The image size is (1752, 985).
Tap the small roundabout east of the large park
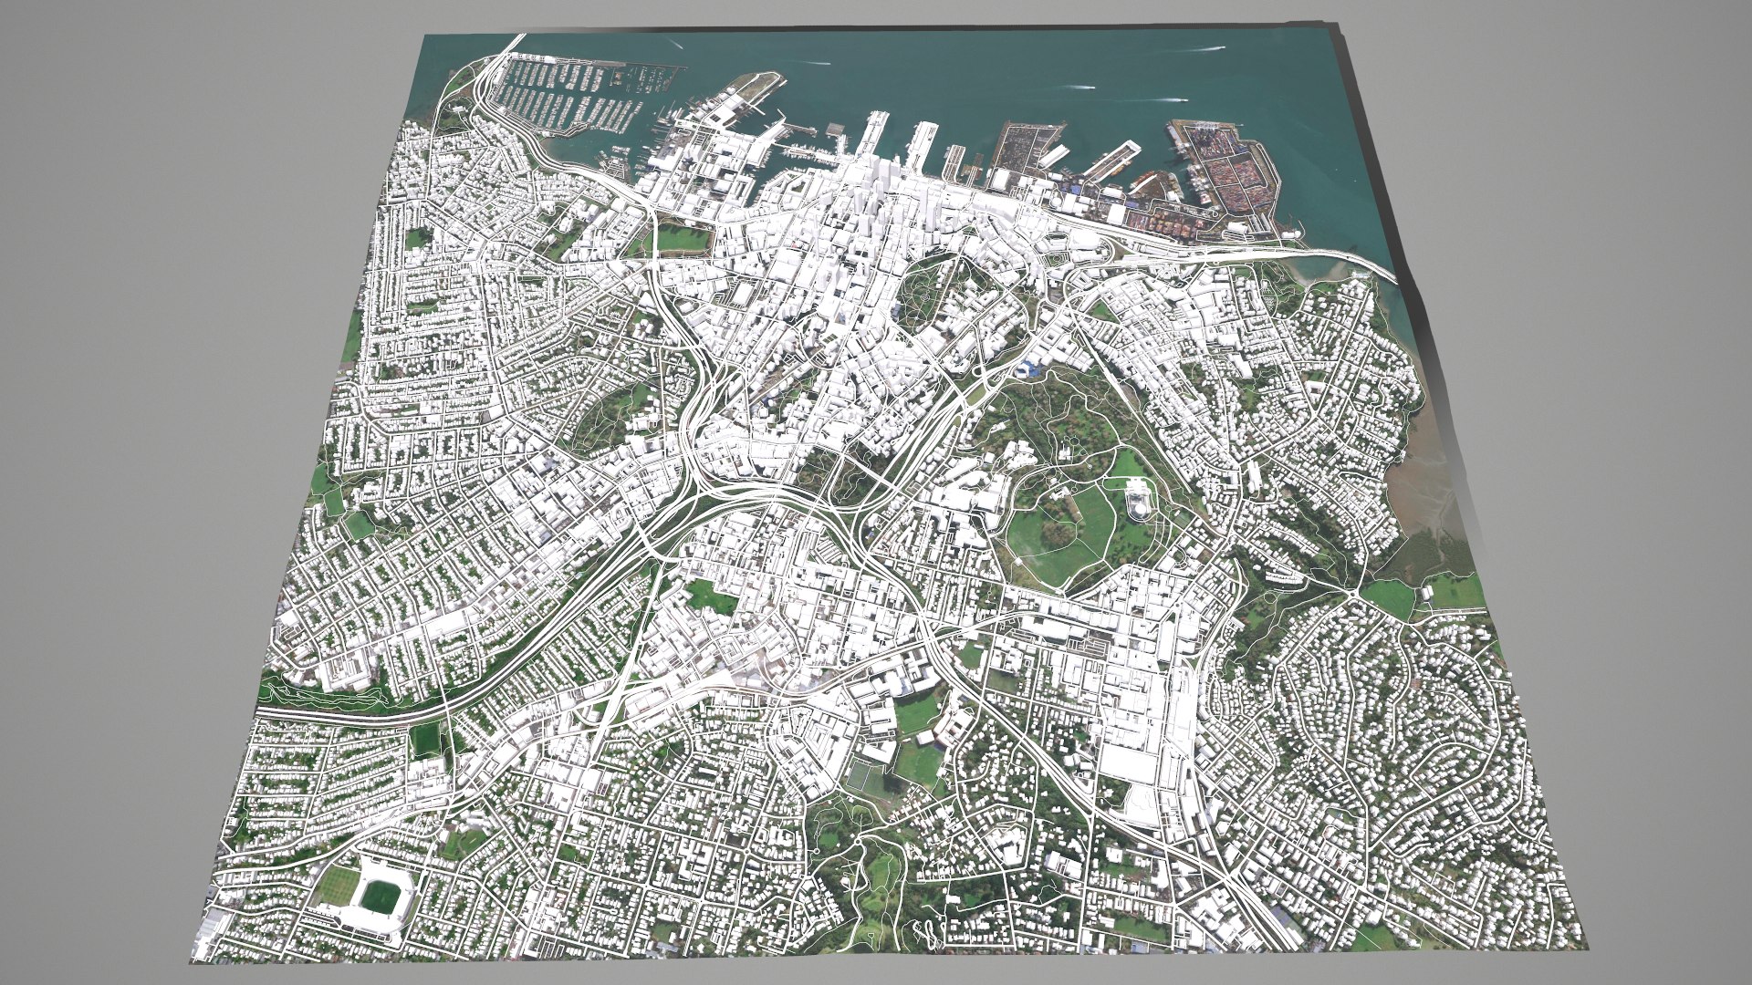click(x=1351, y=593)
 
